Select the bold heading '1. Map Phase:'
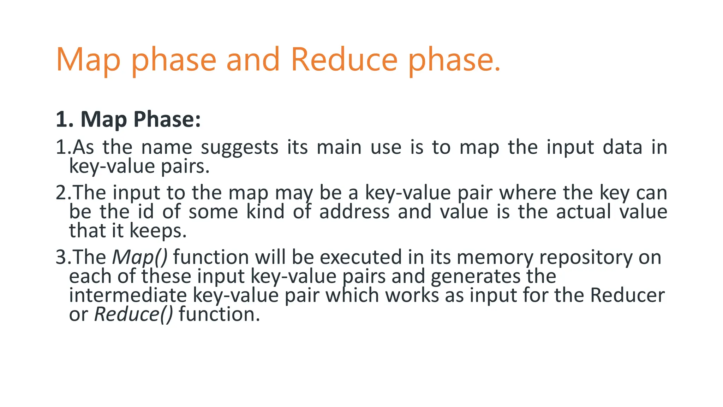pos(128,119)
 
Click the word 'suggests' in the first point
pos(239,148)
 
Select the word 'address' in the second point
pos(354,212)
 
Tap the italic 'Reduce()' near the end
pos(133,314)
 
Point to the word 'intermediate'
pos(127,295)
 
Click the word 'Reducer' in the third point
pos(627,295)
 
